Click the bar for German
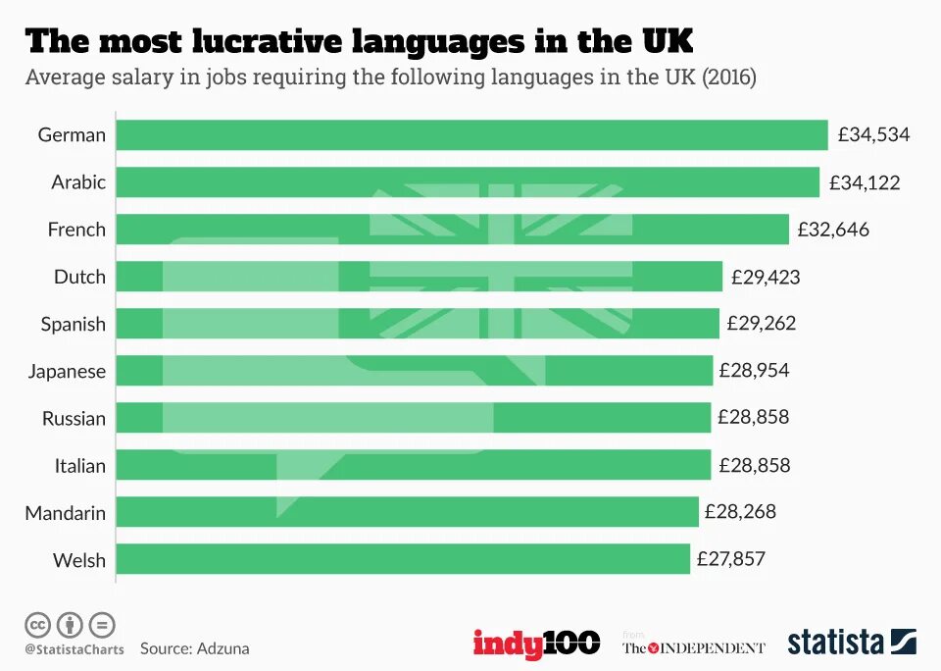(x=471, y=135)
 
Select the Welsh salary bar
(x=403, y=559)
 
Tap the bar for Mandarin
(x=407, y=512)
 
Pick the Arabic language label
(x=78, y=182)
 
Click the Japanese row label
(x=67, y=371)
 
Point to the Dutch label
(x=79, y=277)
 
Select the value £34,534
(x=873, y=135)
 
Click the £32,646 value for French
(x=833, y=230)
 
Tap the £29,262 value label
(x=762, y=324)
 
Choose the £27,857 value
(x=731, y=559)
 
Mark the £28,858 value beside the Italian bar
(x=754, y=465)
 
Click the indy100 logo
(x=536, y=644)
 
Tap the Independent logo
(x=693, y=646)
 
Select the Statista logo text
(x=835, y=643)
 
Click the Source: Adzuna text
(x=194, y=648)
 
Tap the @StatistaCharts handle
(x=74, y=649)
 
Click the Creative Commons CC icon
(x=38, y=624)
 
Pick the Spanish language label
(x=73, y=324)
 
